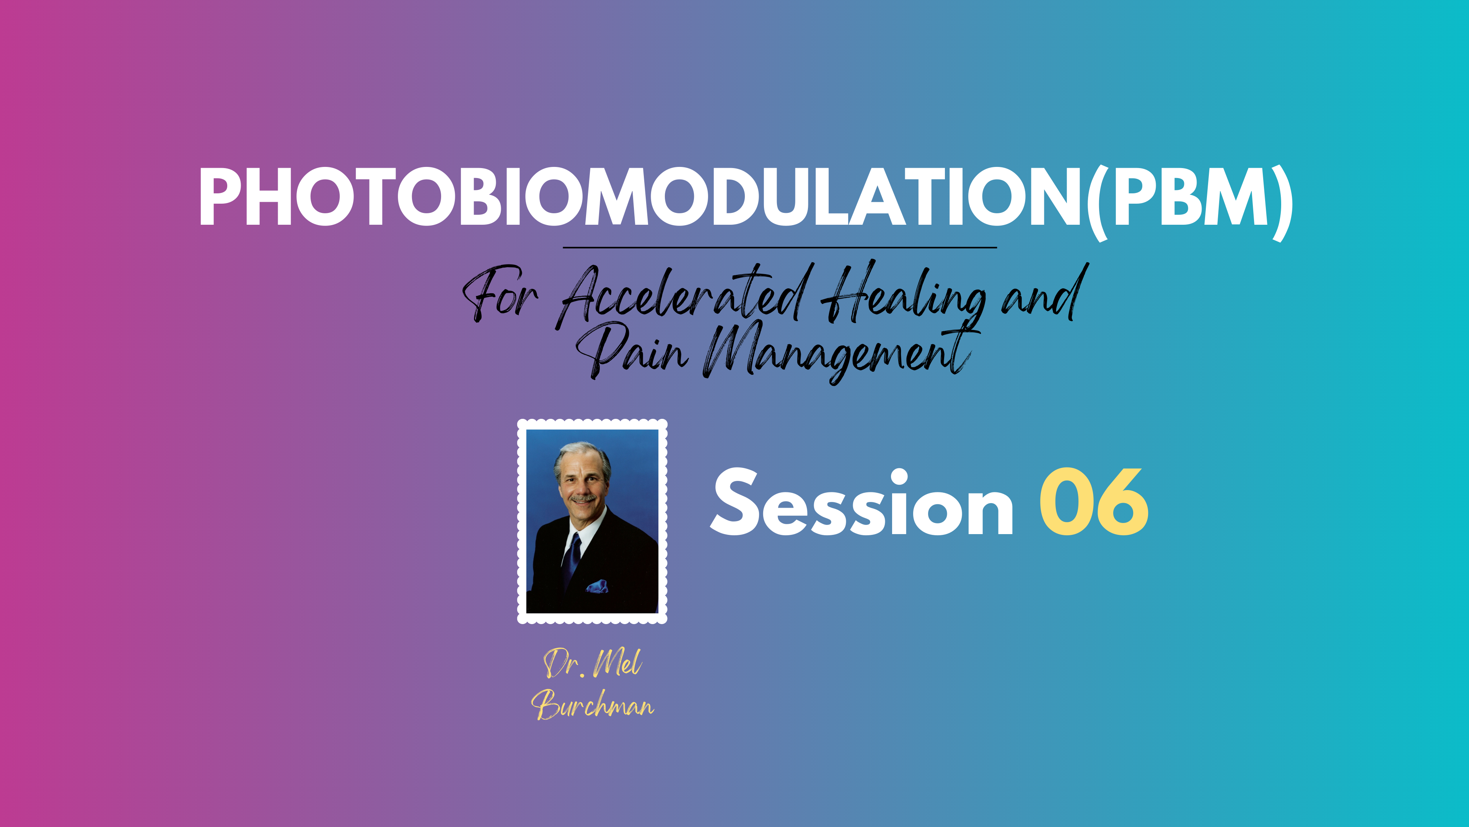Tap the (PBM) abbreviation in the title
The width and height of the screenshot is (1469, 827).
[x=1189, y=203]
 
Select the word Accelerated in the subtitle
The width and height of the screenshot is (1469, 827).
[x=684, y=297]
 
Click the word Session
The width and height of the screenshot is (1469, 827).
[x=862, y=503]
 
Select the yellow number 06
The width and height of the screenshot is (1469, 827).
[x=1094, y=502]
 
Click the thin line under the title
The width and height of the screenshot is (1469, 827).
[x=780, y=248]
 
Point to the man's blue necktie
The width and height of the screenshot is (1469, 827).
[x=572, y=559]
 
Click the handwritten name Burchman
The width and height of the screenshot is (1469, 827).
[x=593, y=704]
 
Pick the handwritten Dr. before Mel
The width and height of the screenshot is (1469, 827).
[x=564, y=664]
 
